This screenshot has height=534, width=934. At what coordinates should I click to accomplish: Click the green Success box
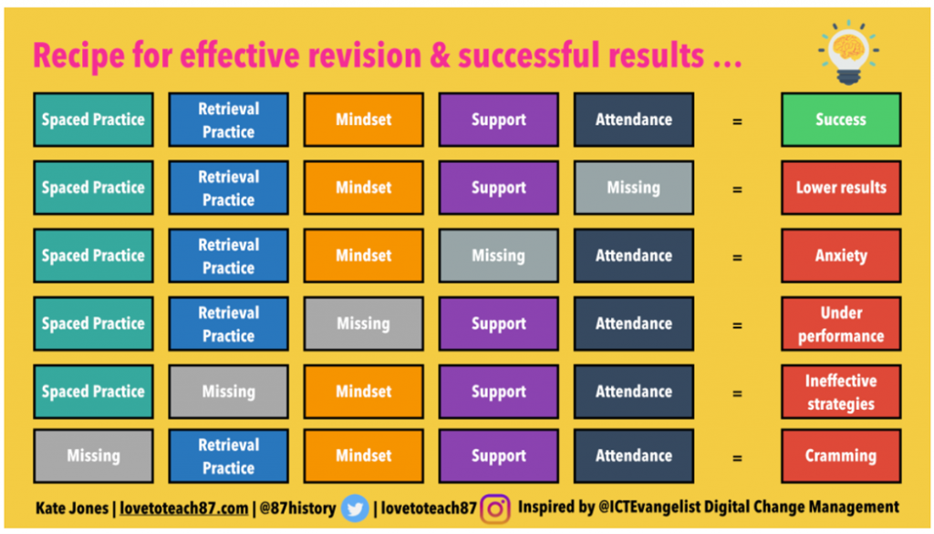pos(840,119)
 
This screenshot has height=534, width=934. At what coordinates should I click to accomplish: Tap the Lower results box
pos(840,188)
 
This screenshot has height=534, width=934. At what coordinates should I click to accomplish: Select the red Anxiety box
pos(840,255)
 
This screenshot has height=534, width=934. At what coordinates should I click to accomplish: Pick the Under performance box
pos(840,323)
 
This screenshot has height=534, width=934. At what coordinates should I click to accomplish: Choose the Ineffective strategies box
pos(840,392)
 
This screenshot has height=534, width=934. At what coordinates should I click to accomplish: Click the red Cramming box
pos(840,456)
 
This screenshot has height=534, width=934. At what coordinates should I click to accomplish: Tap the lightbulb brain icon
pos(848,52)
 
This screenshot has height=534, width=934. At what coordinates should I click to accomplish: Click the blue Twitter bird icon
pos(355,508)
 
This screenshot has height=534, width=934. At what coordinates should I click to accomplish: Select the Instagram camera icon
pos(495,509)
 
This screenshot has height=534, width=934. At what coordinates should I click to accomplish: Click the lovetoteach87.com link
pos(184,508)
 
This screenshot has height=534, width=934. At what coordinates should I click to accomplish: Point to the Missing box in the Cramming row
pos(94,456)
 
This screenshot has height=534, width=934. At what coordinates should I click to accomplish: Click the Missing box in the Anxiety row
pos(499,255)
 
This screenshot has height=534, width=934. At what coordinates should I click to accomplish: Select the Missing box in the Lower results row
pos(634,188)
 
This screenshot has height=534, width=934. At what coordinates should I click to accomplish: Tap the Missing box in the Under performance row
pos(363,323)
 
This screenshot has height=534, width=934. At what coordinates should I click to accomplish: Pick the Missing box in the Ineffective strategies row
pos(229,392)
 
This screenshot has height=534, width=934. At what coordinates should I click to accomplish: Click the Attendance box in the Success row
pos(634,119)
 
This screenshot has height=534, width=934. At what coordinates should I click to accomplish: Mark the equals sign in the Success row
pos(737,121)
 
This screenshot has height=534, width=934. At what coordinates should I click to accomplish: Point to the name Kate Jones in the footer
pos(71,508)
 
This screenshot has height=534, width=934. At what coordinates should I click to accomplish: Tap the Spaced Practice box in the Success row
pos(94,119)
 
